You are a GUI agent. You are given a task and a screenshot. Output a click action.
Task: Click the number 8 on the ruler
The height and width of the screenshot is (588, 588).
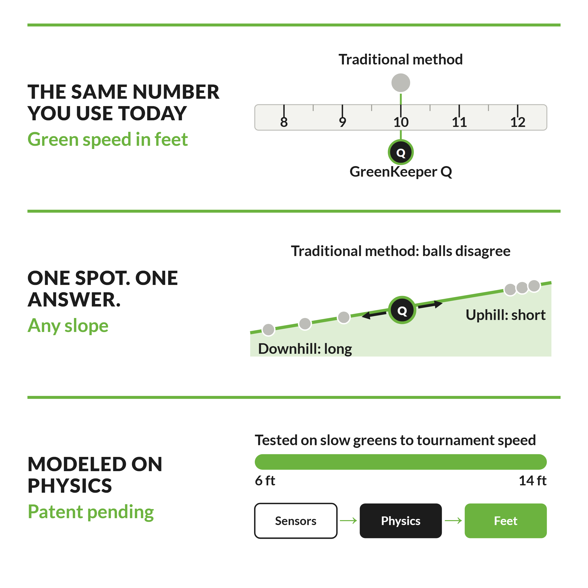click(284, 122)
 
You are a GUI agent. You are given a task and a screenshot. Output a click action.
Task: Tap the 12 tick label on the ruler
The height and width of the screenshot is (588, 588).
click(518, 122)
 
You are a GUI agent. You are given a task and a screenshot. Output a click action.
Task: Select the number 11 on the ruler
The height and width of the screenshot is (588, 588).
click(459, 122)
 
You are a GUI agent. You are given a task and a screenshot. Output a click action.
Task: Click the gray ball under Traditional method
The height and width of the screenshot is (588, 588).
click(401, 83)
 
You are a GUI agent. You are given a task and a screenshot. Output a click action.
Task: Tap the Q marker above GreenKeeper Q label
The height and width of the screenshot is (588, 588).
click(401, 152)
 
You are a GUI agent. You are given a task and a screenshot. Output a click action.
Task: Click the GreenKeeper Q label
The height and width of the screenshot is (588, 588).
click(401, 172)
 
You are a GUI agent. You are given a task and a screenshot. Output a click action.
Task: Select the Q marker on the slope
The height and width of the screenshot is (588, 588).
click(402, 310)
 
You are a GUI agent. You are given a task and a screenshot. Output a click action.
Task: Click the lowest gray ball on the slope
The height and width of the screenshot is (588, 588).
click(269, 330)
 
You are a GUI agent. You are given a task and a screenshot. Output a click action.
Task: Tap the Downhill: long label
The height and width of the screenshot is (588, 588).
click(305, 349)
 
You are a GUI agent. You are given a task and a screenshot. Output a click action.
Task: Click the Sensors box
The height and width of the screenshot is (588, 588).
click(296, 521)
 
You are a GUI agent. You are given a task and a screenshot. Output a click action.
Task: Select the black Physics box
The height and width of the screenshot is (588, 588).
click(401, 521)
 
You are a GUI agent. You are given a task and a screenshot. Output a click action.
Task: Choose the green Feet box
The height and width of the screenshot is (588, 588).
click(505, 521)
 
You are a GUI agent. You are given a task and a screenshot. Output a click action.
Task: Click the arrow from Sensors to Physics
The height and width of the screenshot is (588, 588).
click(348, 521)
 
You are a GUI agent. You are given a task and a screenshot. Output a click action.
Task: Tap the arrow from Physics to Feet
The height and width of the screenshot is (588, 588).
click(453, 521)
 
